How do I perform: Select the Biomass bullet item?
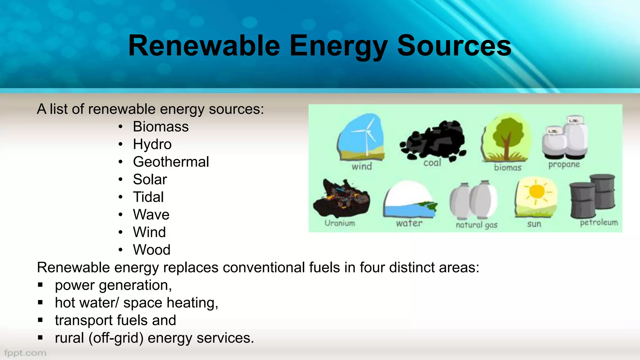click(161, 127)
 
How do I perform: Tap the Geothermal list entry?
click(171, 162)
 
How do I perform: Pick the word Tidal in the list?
click(148, 197)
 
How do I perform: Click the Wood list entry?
click(152, 250)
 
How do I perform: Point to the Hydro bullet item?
click(152, 144)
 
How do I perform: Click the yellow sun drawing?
click(536, 192)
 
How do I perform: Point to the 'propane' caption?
click(564, 164)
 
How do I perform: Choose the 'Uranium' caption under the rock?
click(340, 223)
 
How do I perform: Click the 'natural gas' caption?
click(476, 225)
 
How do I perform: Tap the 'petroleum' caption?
click(599, 222)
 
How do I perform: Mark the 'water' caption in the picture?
click(409, 223)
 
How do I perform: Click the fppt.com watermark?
click(25, 353)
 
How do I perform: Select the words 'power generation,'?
click(113, 285)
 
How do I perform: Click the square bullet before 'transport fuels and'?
click(40, 320)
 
